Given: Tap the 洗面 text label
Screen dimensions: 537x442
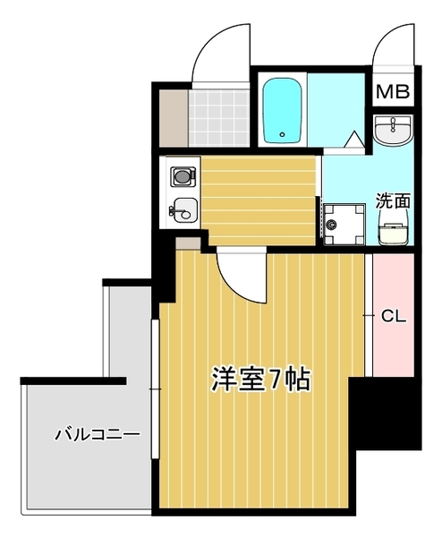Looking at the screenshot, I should [392, 200].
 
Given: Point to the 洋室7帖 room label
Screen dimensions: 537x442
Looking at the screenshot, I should [260, 379].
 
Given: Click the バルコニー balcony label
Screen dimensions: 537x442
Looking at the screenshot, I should [97, 436].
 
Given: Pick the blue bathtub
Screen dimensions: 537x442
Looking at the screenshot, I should [285, 112].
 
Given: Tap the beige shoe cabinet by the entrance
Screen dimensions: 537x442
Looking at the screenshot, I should [171, 117].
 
